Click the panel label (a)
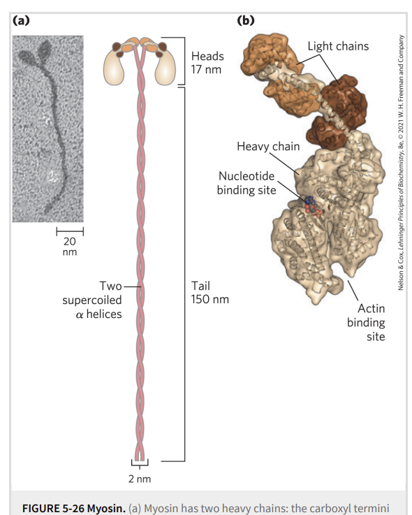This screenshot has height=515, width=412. pos(21,20)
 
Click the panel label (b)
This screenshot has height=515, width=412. pos(246,20)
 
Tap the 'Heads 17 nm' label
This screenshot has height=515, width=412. pos(207,63)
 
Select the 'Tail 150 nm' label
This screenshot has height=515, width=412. pos(209,292)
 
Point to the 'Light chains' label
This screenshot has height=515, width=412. pos(338,46)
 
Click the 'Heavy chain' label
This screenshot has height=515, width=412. pos(268,146)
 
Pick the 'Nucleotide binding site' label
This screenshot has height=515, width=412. pos(247,183)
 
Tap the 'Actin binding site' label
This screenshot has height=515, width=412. pos(366,322)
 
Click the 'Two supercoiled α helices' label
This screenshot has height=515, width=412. pos(92,300)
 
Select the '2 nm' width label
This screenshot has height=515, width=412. pos(140,479)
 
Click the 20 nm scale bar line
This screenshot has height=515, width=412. pos(70,231)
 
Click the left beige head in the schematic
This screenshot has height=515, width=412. pos(114,67)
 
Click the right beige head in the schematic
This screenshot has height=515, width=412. pos(165,67)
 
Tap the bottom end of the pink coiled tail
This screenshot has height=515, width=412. pos(140,460)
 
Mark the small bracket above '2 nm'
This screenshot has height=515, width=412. pos(140,464)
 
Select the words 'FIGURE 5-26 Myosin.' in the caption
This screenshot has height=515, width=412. pos(74,508)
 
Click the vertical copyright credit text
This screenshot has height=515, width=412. pos(401,163)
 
